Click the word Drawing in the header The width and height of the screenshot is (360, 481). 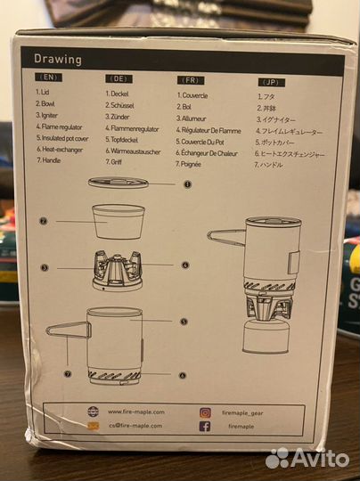(x=58, y=60)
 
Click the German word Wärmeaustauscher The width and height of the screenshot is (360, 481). (x=133, y=152)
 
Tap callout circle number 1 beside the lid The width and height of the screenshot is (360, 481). (x=188, y=185)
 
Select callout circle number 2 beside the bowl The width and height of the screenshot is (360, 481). (x=43, y=220)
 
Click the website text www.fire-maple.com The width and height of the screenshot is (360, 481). (x=134, y=412)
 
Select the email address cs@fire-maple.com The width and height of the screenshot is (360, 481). (x=134, y=427)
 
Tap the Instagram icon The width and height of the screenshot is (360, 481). (x=205, y=412)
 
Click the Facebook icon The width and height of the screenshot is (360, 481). (x=205, y=427)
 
